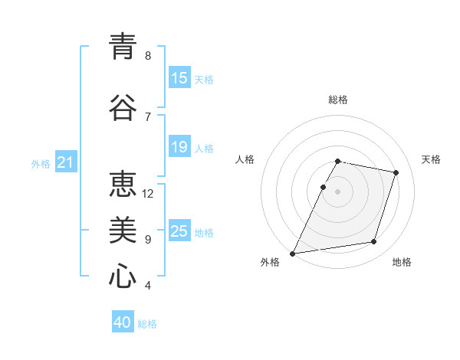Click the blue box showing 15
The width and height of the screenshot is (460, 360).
(179, 78)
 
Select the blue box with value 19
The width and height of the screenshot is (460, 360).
(179, 147)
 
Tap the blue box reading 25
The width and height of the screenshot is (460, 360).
(179, 231)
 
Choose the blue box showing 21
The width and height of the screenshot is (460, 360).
(65, 162)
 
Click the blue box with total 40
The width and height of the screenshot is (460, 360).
(123, 322)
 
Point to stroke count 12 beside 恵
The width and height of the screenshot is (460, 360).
(148, 194)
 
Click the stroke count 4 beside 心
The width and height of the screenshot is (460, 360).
(148, 286)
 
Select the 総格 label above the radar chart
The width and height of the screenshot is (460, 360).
(338, 100)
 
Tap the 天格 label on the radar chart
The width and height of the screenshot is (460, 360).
(432, 159)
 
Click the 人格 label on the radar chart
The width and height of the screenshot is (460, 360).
(245, 159)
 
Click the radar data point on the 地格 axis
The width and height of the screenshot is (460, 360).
(374, 242)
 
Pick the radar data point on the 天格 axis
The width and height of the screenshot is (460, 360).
(396, 172)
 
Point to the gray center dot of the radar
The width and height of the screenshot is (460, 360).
(338, 191)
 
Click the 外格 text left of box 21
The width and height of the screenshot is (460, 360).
(41, 163)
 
